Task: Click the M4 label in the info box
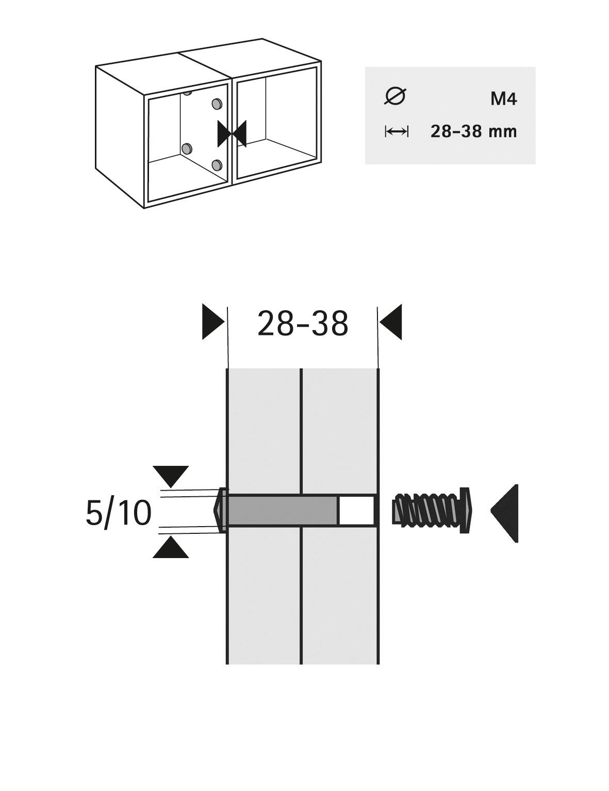click(504, 99)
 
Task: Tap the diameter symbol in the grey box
click(396, 96)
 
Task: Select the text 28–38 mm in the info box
click(473, 131)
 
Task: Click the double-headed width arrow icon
click(397, 131)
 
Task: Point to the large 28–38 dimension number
click(303, 324)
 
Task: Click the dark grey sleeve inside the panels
click(282, 510)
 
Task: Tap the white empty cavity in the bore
click(357, 510)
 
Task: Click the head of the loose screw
click(466, 510)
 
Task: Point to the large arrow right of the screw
click(504, 510)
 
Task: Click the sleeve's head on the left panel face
click(220, 510)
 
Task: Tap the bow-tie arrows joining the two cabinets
click(232, 133)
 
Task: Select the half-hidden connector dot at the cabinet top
click(187, 93)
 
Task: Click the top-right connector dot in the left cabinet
click(217, 104)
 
